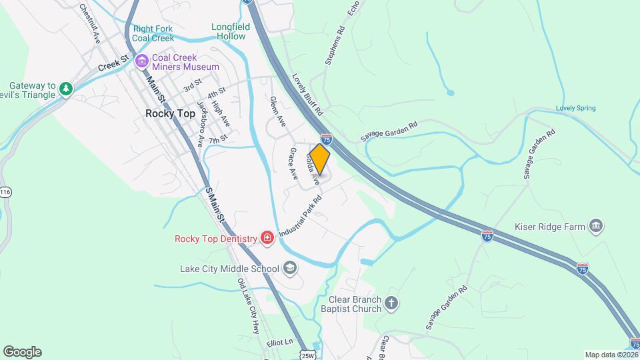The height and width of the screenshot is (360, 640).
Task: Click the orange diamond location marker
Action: [x=320, y=159]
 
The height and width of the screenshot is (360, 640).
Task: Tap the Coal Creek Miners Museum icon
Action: [x=141, y=62]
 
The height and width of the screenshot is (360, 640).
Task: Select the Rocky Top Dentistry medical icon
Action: [x=267, y=238]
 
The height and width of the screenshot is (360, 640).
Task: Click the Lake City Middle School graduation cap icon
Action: [x=289, y=269]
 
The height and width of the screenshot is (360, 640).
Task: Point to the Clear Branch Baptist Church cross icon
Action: [x=391, y=304]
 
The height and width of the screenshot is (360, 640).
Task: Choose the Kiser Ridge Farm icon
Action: [x=597, y=227]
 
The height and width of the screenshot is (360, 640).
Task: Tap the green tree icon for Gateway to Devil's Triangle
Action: [x=65, y=89]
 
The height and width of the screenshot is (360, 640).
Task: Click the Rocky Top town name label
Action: [x=171, y=113]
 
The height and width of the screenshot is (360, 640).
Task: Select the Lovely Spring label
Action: [x=575, y=108]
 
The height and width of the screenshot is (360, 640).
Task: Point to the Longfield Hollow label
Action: [x=230, y=31]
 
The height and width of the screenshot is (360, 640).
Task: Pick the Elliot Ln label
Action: [x=279, y=341]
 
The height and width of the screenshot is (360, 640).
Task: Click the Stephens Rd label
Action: [x=335, y=45]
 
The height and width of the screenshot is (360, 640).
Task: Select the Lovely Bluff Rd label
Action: [x=307, y=93]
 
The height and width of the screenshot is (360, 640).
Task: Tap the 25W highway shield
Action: [x=307, y=355]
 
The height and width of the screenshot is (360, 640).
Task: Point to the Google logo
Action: [x=22, y=352]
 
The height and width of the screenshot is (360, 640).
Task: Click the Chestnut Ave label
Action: [x=89, y=23]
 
